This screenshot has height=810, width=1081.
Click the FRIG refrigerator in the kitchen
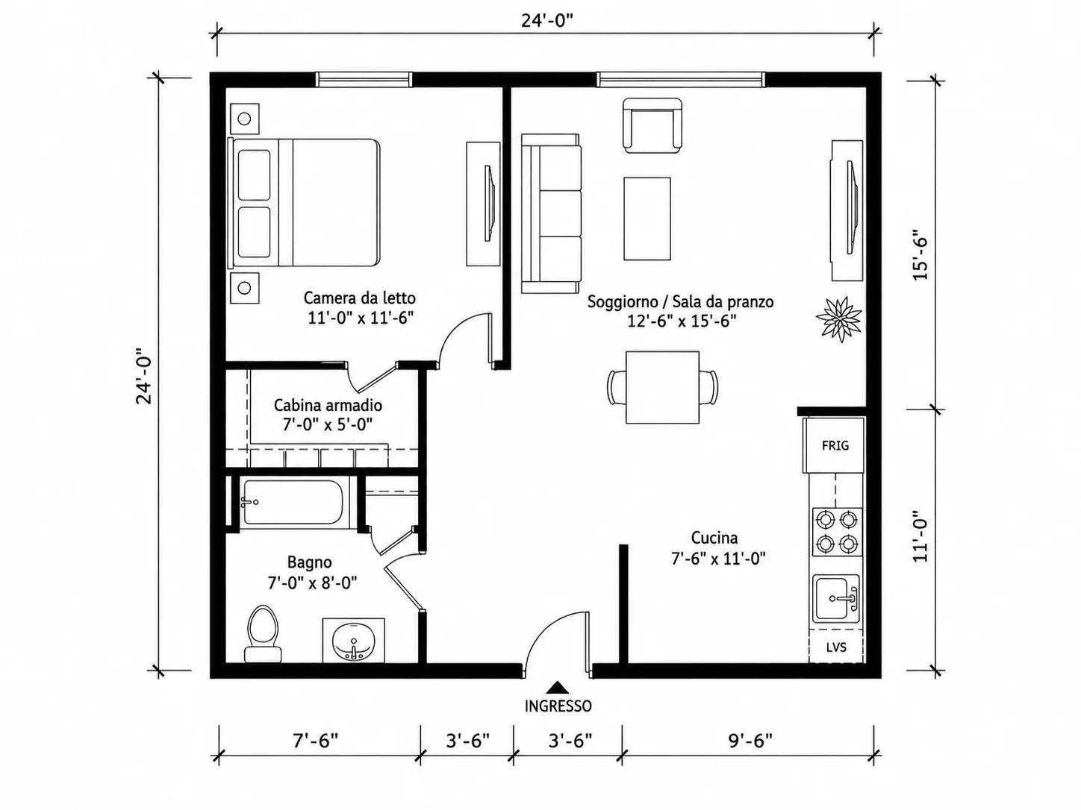pyautogui.click(x=834, y=445)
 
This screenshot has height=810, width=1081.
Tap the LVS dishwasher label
pyautogui.click(x=836, y=647)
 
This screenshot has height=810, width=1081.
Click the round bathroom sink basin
pyautogui.click(x=354, y=641)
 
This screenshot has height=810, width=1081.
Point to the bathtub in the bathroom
pyautogui.click(x=297, y=502)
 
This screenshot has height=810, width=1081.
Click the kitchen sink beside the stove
pyautogui.click(x=835, y=598)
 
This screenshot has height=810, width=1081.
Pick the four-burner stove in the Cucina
pyautogui.click(x=837, y=532)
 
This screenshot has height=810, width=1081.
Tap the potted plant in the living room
pyautogui.click(x=838, y=319)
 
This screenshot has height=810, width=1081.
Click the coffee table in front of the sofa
pyautogui.click(x=647, y=219)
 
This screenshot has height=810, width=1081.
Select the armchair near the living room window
pyautogui.click(x=652, y=126)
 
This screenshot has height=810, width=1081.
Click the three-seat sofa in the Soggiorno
pyautogui.click(x=551, y=214)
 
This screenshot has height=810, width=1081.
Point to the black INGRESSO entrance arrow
pyautogui.click(x=557, y=687)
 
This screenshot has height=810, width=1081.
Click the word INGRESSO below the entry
pyautogui.click(x=558, y=706)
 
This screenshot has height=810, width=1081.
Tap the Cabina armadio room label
pyautogui.click(x=328, y=405)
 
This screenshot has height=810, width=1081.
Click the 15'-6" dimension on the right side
pyautogui.click(x=920, y=254)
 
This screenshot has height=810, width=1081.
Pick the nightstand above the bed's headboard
pyautogui.click(x=245, y=119)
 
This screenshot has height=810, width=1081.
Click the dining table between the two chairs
pyautogui.click(x=662, y=387)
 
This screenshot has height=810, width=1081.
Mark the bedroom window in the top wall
pyautogui.click(x=364, y=79)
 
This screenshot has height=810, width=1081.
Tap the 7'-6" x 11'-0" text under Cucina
pyautogui.click(x=718, y=559)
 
